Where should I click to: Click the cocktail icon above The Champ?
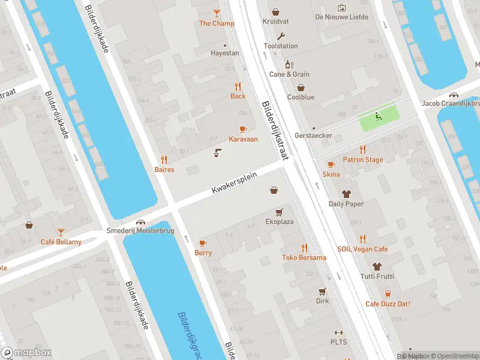coord(217,13)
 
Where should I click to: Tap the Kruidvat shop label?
coord(275,22)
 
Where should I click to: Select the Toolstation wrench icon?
coord(281,35)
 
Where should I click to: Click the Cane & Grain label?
coord(289,74)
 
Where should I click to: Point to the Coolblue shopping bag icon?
coord(301,86)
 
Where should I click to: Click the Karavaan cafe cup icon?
coord(243,129)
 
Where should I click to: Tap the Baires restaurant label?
coord(164,170)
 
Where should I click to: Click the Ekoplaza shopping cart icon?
coord(279,212)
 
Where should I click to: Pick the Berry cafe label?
coord(203,253)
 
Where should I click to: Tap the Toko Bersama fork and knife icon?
coord(304,247)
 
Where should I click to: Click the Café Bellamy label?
coord(61,242)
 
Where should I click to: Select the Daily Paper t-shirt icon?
coord(346,194)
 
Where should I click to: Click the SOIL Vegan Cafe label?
coord(362,249)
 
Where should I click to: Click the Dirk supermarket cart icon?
coord(322,292)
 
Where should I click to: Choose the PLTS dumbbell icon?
coord(338,333)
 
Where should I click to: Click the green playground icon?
coord(377,116)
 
